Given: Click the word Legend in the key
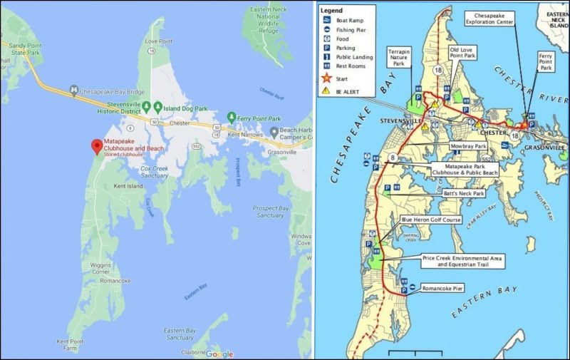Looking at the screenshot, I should (x=331, y=11).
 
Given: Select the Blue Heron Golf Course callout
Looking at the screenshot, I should (x=431, y=220).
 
